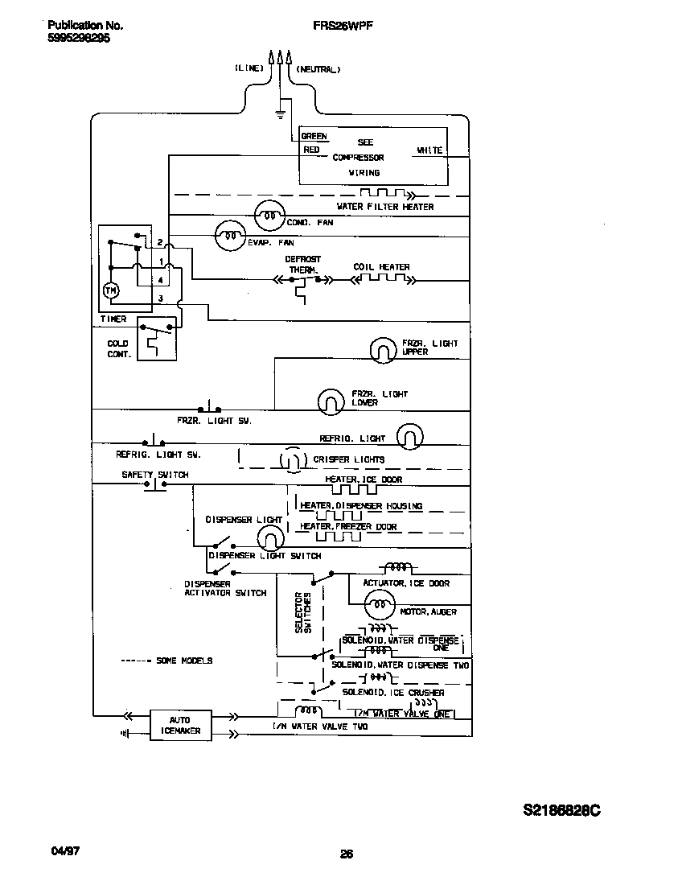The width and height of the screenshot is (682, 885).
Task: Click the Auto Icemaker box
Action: point(181,725)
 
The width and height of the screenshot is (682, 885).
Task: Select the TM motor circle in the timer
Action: point(112,290)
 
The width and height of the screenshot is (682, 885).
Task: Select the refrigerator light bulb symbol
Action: point(409,437)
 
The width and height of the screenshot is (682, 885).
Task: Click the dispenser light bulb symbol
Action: point(273,537)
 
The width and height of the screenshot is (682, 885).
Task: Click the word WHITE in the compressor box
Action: point(429,150)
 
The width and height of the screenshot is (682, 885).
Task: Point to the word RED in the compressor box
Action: point(310,150)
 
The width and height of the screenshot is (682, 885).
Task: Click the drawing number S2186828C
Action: point(561,810)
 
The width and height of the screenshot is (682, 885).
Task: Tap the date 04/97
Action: point(50,850)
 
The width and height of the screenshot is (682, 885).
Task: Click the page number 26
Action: point(347,854)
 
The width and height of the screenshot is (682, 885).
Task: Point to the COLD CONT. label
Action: point(118,348)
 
